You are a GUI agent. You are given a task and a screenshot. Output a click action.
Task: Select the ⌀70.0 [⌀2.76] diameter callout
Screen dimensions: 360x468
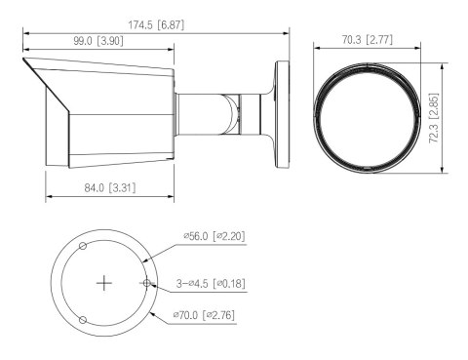coord(205,314)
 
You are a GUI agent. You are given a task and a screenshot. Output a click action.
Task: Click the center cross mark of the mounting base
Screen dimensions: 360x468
coord(104,283)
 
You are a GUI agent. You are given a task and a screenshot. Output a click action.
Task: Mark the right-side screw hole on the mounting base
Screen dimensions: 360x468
coord(147,283)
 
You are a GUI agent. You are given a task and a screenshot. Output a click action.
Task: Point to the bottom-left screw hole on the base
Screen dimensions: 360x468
coord(83,320)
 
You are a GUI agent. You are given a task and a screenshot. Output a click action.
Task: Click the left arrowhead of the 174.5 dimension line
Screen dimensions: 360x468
coord(26,32)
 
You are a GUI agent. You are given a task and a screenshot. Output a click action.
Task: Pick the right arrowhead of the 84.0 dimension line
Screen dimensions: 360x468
coord(172,202)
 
